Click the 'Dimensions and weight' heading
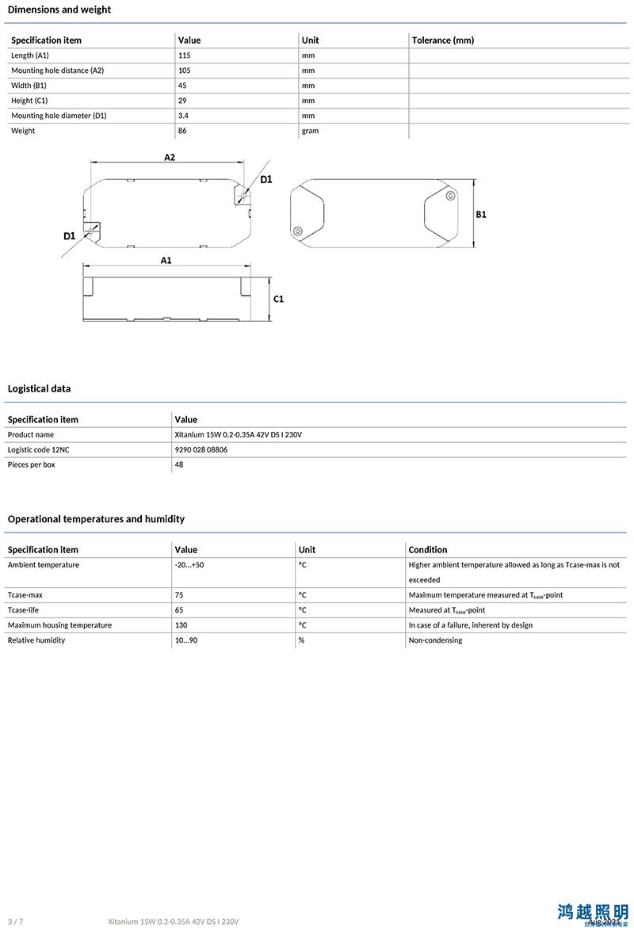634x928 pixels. (59, 10)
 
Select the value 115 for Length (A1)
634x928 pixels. (185, 55)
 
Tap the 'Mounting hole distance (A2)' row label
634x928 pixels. (57, 71)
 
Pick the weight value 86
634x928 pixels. (182, 131)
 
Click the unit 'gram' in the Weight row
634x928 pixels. (310, 131)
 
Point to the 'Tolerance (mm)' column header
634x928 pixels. (442, 40)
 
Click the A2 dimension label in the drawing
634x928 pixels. (170, 157)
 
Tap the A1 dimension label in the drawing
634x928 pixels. (166, 260)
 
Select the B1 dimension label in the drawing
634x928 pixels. (481, 215)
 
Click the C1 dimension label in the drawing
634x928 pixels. (278, 299)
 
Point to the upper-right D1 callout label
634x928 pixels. (266, 179)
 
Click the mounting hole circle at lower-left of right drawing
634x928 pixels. (297, 231)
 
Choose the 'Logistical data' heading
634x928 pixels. (39, 388)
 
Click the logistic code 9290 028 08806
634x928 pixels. (201, 449)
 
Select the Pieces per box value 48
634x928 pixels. (179, 464)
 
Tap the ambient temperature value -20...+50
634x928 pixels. (189, 565)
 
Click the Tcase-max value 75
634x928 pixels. (179, 595)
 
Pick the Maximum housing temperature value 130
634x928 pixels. (181, 625)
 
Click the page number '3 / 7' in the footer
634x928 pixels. (16, 922)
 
